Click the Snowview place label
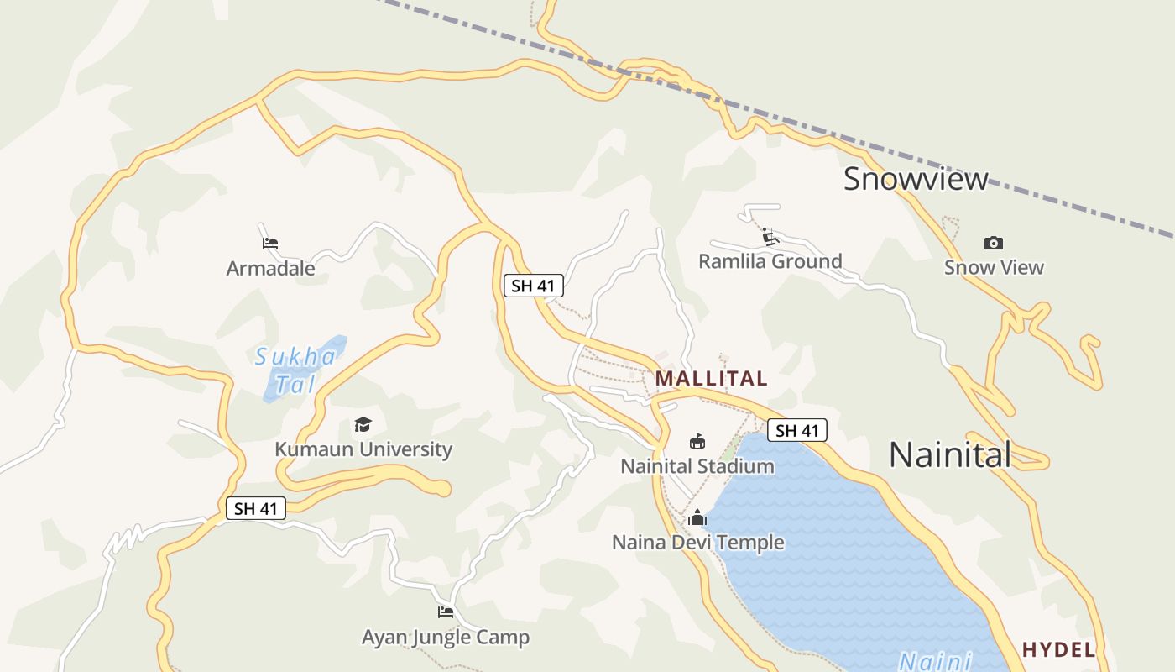pyautogui.click(x=916, y=179)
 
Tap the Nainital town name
pyautogui.click(x=950, y=454)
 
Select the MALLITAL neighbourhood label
pyautogui.click(x=711, y=379)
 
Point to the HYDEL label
pyautogui.click(x=1058, y=649)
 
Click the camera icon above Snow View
pyautogui.click(x=994, y=244)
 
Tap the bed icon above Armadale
pyautogui.click(x=269, y=244)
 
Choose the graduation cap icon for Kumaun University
pyautogui.click(x=363, y=425)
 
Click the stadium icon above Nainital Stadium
pyautogui.click(x=697, y=441)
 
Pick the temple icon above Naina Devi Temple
pyautogui.click(x=697, y=518)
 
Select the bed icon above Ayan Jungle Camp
pyautogui.click(x=446, y=612)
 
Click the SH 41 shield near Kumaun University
pyautogui.click(x=256, y=508)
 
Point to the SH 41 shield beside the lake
pyautogui.click(x=796, y=431)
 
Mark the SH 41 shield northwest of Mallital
pyautogui.click(x=533, y=286)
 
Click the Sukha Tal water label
pyautogui.click(x=295, y=370)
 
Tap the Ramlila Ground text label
pyautogui.click(x=770, y=261)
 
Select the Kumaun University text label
pyautogui.click(x=363, y=449)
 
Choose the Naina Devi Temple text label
pyautogui.click(x=697, y=543)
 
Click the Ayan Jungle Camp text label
pyautogui.click(x=446, y=638)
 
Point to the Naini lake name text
pyautogui.click(x=935, y=660)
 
